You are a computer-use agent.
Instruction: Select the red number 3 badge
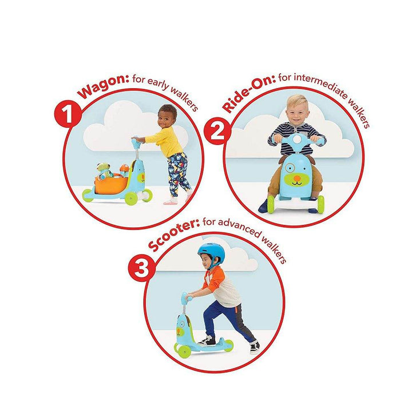[142, 268]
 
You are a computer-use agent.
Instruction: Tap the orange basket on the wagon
[112, 183]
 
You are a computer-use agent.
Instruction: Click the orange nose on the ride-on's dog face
[296, 179]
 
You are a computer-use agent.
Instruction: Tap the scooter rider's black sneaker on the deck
[207, 341]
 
